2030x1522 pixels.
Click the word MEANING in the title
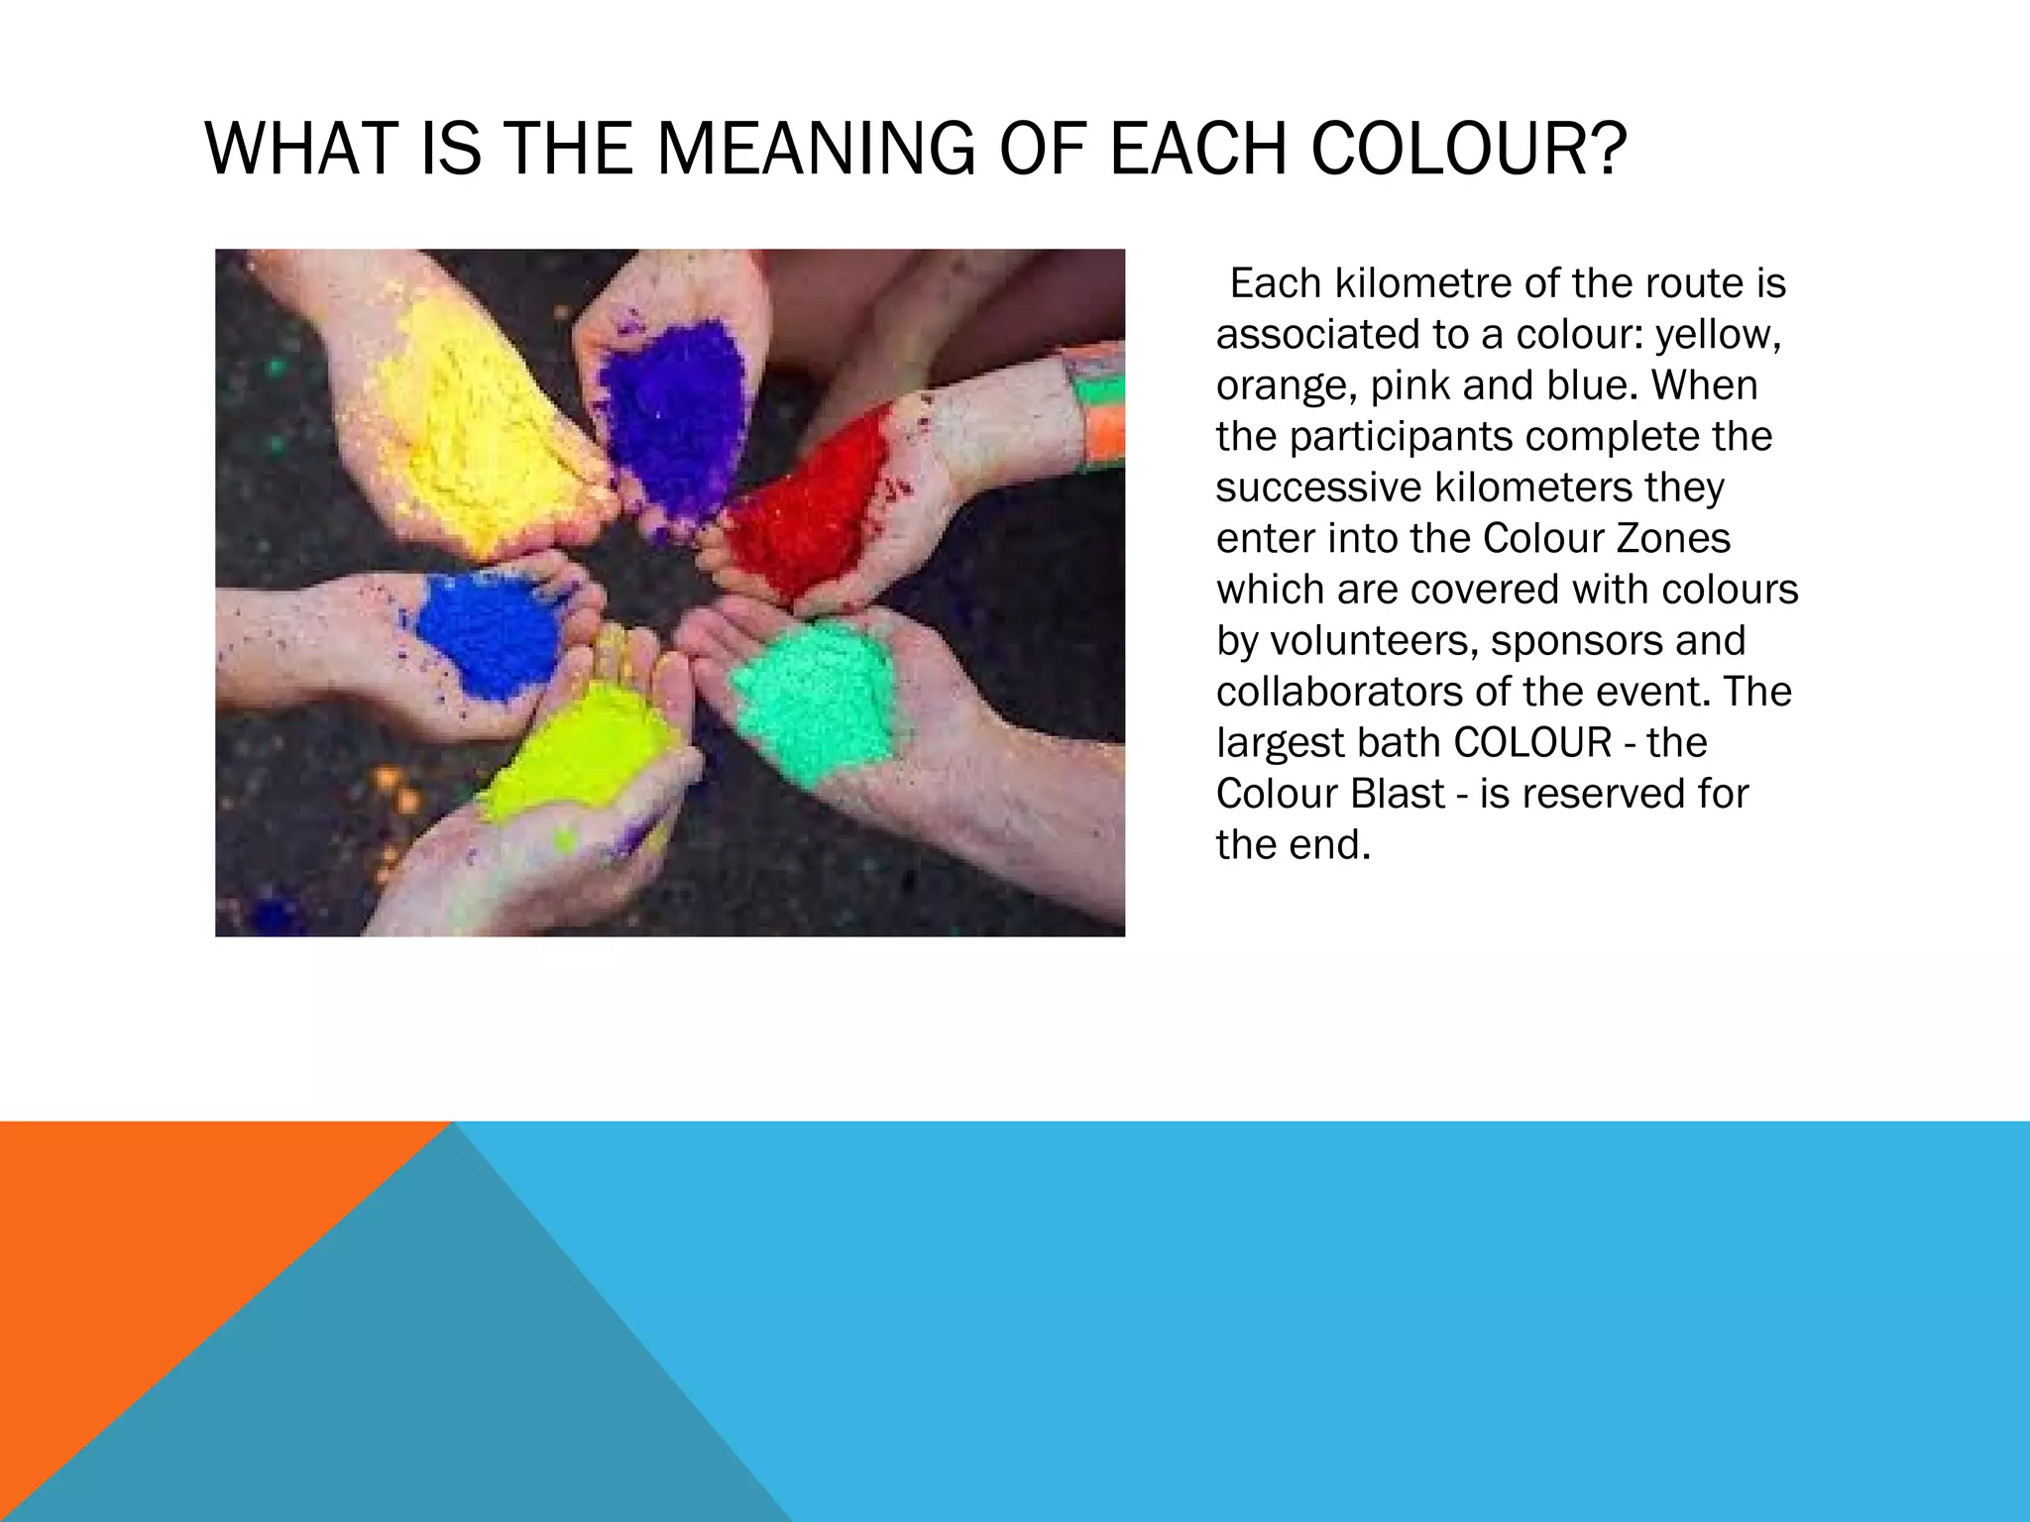click(x=815, y=149)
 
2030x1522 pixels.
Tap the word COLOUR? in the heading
click(x=1469, y=149)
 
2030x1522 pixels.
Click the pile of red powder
click(x=808, y=505)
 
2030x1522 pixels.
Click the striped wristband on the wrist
click(x=1098, y=406)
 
